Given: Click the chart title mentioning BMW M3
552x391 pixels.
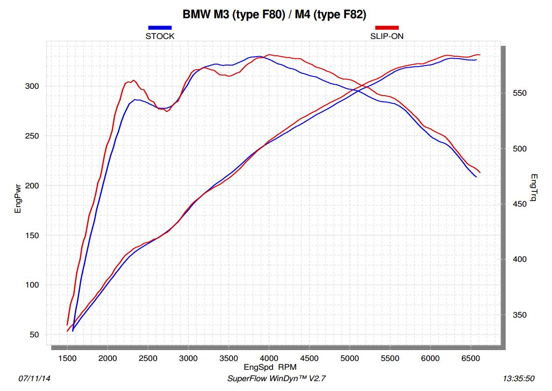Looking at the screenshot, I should pyautogui.click(x=274, y=15).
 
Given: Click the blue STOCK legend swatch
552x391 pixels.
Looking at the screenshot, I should pyautogui.click(x=160, y=28).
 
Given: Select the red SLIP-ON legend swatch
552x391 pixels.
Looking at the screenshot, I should pyautogui.click(x=387, y=28).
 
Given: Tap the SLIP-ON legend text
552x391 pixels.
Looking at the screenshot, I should pyautogui.click(x=387, y=36).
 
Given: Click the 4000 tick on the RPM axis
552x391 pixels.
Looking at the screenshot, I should pyautogui.click(x=269, y=358).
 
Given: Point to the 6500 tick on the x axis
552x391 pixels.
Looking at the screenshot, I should pyautogui.click(x=471, y=358).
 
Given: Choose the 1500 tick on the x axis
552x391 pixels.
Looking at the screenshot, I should pyautogui.click(x=67, y=358).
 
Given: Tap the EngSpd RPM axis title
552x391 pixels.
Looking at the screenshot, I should pyautogui.click(x=270, y=367).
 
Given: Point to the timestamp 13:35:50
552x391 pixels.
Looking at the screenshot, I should pyautogui.click(x=518, y=379).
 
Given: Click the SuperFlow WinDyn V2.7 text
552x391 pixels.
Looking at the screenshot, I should pyautogui.click(x=276, y=379).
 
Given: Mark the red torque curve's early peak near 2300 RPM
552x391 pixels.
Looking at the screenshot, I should pyautogui.click(x=133, y=80).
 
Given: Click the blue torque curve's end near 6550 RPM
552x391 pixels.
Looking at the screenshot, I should pyautogui.click(x=476, y=177).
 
